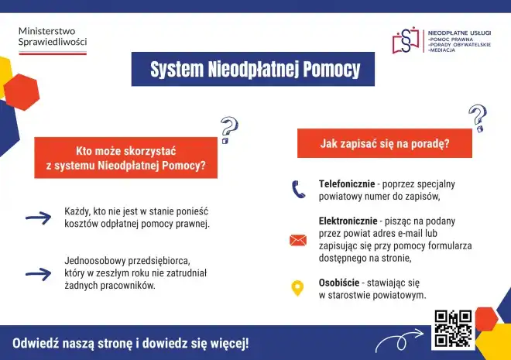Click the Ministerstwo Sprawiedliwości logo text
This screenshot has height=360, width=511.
[x=52, y=36]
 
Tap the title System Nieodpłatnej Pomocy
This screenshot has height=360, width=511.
[x=255, y=70]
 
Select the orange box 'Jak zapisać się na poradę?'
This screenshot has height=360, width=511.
[x=385, y=143]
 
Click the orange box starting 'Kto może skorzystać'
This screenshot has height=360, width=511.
[x=125, y=158]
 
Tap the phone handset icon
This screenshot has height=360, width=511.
[x=298, y=190]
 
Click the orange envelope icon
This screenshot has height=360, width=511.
[x=298, y=240]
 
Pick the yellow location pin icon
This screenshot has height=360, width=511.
[x=297, y=289]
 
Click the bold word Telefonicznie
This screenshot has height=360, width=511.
[x=346, y=183]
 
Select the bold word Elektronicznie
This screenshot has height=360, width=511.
[x=348, y=221]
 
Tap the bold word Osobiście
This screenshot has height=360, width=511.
[x=339, y=283]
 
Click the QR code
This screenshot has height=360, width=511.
[x=453, y=328]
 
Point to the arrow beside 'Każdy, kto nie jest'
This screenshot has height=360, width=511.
[x=38, y=218]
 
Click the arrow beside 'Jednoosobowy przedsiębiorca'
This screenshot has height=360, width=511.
[x=38, y=273]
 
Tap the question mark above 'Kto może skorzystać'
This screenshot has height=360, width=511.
[x=228, y=130]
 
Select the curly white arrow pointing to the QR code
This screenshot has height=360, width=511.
[x=400, y=341]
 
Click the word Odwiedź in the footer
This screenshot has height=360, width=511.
[x=36, y=343]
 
